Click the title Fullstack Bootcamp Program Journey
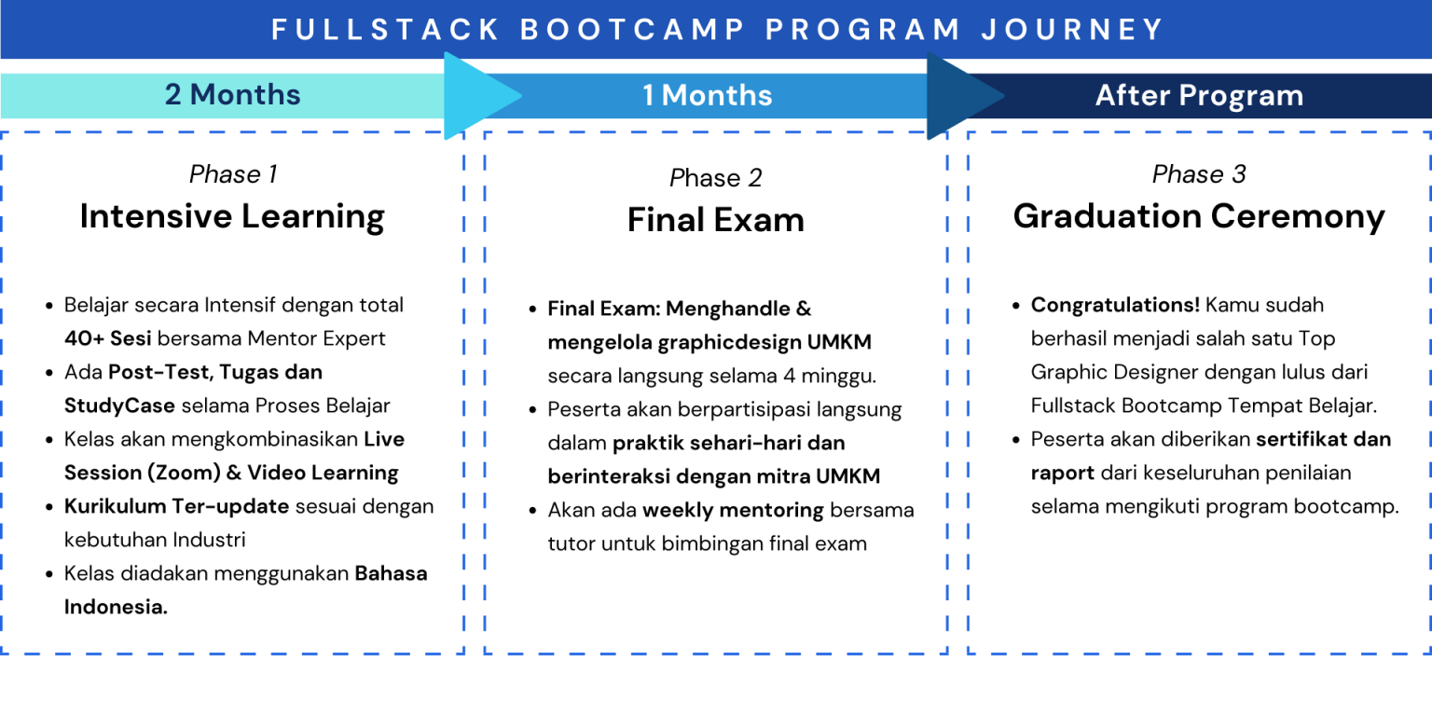718,29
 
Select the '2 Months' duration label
232,95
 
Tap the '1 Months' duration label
707,95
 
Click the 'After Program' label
1199,95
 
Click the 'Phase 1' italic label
232,174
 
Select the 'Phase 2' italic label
715,178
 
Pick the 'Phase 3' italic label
1199,174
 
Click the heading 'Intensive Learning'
232,216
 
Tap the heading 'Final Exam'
715,220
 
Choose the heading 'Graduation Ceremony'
1199,216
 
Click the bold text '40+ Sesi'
107,338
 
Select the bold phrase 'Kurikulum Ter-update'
176,506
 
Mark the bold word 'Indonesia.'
116,607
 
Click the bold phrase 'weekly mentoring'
733,510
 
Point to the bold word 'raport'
1062,473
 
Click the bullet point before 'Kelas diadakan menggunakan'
49,574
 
